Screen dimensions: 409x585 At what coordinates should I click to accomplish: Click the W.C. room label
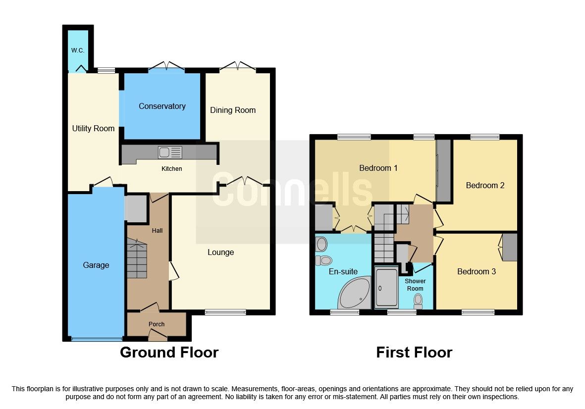(77, 50)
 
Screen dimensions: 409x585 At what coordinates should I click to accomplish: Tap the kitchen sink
(170, 153)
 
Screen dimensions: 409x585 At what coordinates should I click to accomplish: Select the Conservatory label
(162, 106)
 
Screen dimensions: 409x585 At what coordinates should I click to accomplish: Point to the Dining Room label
(233, 110)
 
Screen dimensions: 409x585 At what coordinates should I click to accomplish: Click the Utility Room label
(93, 128)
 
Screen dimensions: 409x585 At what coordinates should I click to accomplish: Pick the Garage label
(96, 265)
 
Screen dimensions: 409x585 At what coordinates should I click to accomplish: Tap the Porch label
(157, 324)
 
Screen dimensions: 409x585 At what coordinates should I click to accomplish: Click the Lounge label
(220, 253)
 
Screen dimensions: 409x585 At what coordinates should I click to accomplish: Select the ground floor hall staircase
(136, 258)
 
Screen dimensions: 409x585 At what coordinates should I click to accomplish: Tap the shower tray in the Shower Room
(386, 288)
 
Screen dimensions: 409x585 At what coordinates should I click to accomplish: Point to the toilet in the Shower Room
(418, 300)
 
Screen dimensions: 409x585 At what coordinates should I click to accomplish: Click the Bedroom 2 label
(485, 185)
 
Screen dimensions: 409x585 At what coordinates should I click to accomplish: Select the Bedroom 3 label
(476, 271)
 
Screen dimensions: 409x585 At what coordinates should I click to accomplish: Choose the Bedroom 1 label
(378, 168)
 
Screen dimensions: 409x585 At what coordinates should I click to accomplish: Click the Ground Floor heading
(169, 353)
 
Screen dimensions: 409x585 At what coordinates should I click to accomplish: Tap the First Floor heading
(414, 353)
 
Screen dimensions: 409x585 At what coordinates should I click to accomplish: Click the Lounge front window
(225, 312)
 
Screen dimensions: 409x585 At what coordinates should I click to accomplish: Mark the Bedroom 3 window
(478, 312)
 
